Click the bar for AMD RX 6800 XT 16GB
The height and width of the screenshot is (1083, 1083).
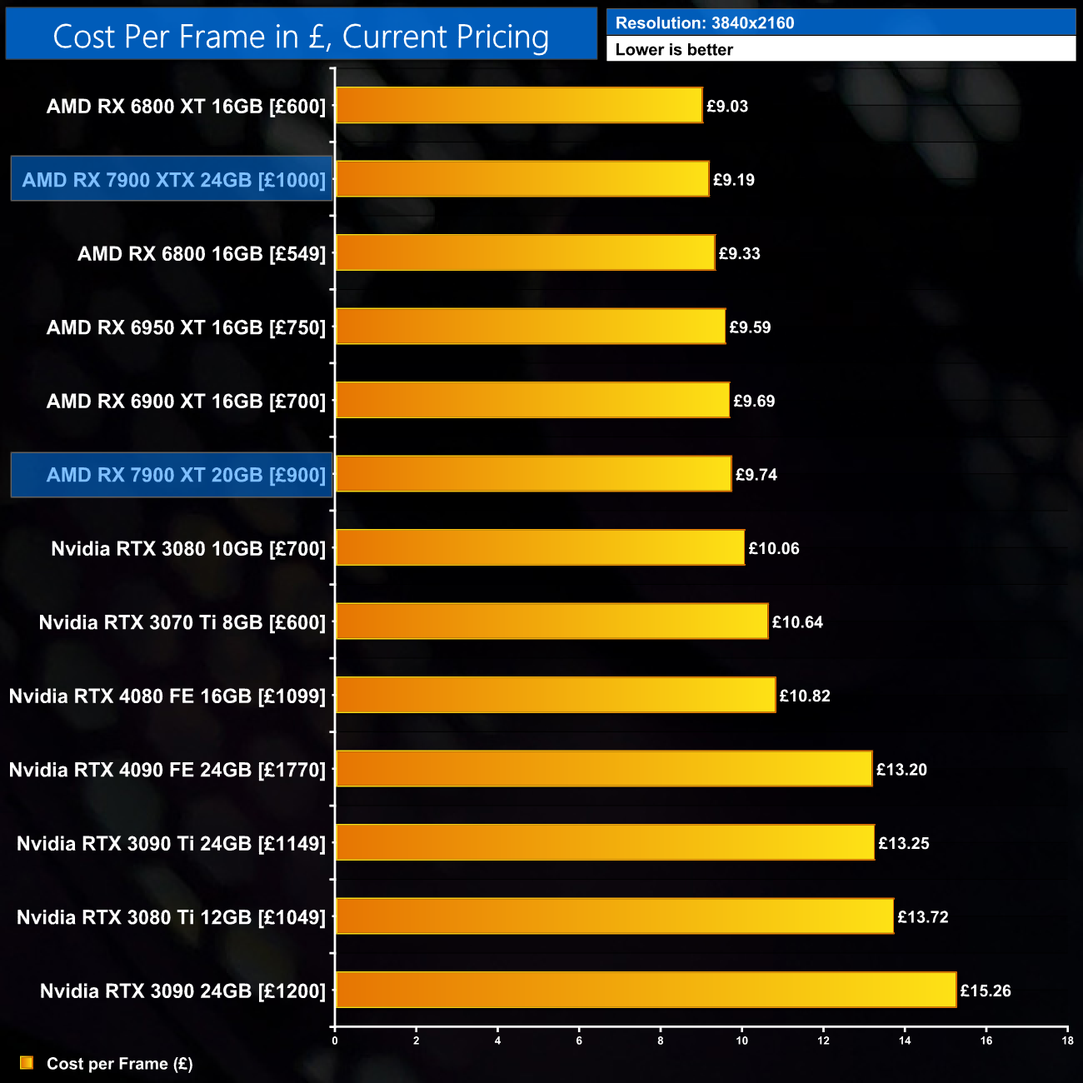(x=518, y=106)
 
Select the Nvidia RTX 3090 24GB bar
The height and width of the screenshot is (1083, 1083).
(x=646, y=990)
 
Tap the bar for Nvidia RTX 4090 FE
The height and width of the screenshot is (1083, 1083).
(x=603, y=769)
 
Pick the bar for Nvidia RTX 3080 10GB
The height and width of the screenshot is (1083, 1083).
(x=540, y=547)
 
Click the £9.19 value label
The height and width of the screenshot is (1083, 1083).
(x=734, y=180)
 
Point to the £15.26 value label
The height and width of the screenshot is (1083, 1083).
(x=986, y=991)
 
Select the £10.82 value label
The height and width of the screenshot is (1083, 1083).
(x=805, y=696)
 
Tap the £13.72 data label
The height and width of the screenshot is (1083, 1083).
(x=923, y=917)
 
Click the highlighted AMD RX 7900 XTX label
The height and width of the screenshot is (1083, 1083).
(x=172, y=179)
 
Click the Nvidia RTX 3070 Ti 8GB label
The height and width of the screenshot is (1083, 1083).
(x=182, y=622)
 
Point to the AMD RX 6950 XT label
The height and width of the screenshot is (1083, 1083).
(x=186, y=327)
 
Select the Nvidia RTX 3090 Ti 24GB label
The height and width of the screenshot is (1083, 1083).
(x=171, y=844)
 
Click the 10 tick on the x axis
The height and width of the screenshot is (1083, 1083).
(x=741, y=1041)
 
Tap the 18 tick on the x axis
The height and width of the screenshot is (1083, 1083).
(x=1067, y=1041)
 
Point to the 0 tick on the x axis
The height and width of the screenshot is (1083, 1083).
(x=335, y=1041)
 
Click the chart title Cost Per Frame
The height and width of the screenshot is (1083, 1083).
(x=301, y=37)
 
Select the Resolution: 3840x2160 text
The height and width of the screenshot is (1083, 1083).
(x=705, y=23)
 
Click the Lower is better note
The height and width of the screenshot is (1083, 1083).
(x=674, y=50)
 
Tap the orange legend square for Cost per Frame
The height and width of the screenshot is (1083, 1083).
(x=27, y=1063)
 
